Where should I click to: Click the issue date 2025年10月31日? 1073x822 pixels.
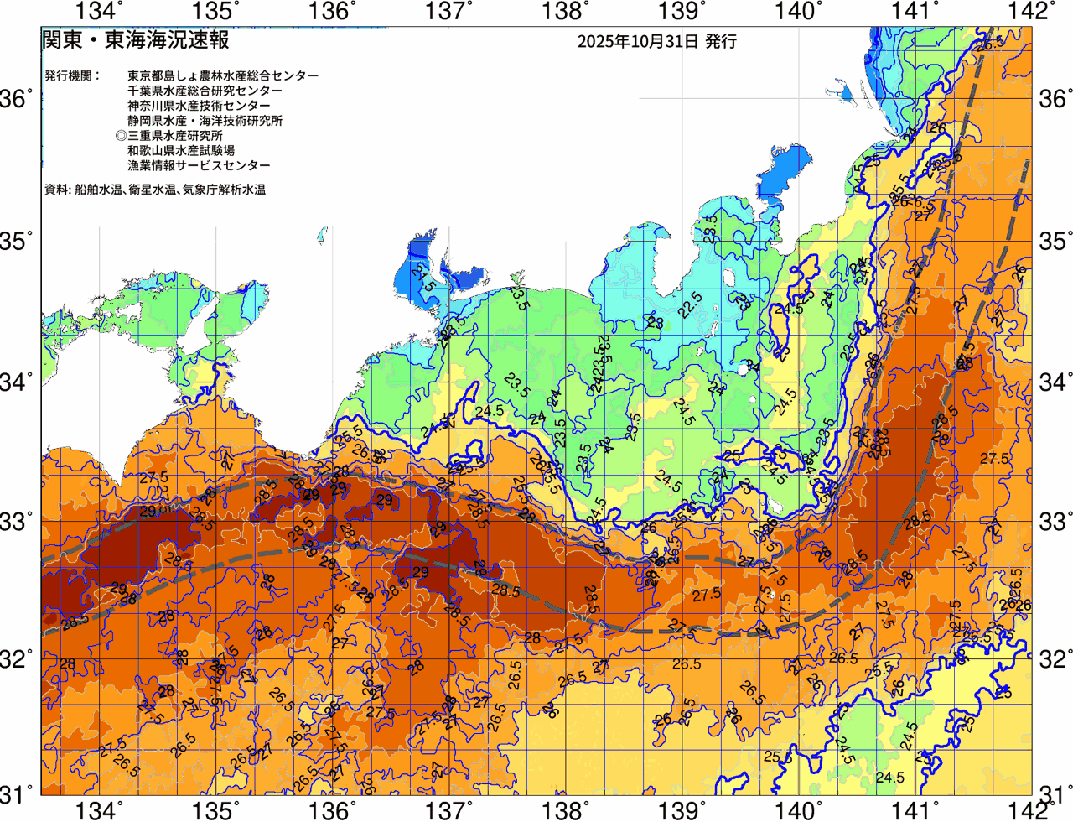[637, 41]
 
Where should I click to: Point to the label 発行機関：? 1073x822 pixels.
[72, 75]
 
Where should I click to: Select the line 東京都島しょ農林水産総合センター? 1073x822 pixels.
[223, 75]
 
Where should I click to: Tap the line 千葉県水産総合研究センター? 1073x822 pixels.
[205, 91]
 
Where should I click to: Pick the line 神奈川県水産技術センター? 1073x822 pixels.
[199, 106]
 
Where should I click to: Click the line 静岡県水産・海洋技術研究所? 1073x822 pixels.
[205, 121]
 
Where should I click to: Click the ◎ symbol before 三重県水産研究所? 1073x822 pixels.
[121, 136]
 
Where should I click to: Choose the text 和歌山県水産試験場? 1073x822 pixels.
[181, 151]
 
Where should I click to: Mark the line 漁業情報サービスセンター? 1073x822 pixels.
[199, 166]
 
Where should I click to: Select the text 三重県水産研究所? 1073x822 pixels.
[175, 136]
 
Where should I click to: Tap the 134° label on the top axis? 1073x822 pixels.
[100, 11]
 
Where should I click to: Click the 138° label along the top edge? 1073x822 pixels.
[563, 11]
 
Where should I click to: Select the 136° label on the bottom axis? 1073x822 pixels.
[333, 810]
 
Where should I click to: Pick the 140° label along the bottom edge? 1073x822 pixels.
[796, 810]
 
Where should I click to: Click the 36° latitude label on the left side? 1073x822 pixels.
[16, 100]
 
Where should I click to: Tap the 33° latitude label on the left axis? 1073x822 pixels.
[16, 521]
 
